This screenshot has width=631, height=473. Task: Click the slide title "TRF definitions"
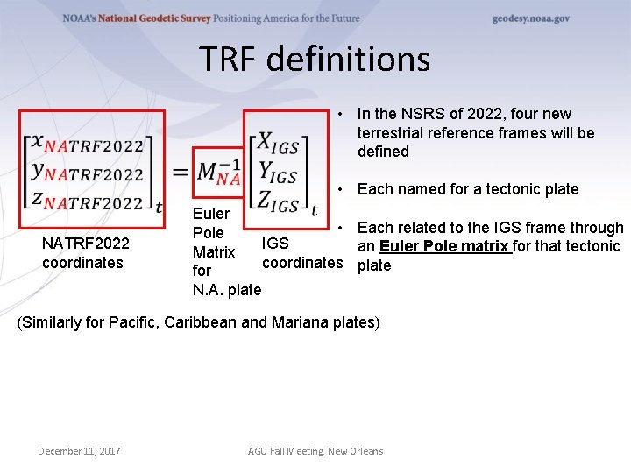315,60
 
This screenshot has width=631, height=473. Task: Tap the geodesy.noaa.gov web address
530,18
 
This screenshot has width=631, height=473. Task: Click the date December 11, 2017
79,451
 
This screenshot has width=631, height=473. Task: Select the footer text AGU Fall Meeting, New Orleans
315,451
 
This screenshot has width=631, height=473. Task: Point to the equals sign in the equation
180,172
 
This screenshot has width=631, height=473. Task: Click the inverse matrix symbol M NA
217,172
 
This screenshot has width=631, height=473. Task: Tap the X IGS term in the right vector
274,145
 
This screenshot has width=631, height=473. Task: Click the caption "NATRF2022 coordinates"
85,252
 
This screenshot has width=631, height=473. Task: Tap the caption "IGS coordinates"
302,252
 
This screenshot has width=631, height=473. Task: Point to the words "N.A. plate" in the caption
227,289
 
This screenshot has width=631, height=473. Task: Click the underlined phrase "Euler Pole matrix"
444,246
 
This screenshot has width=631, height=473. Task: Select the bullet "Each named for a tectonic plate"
468,189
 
